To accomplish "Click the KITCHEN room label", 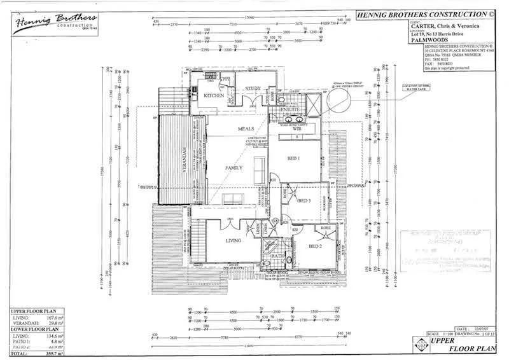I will (x=213, y=95).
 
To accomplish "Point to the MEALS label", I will (x=246, y=128).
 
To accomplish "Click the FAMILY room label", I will (x=234, y=168).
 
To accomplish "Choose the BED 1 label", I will (x=293, y=158).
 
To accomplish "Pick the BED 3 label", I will (x=304, y=200).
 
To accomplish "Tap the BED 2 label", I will (x=316, y=246).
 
